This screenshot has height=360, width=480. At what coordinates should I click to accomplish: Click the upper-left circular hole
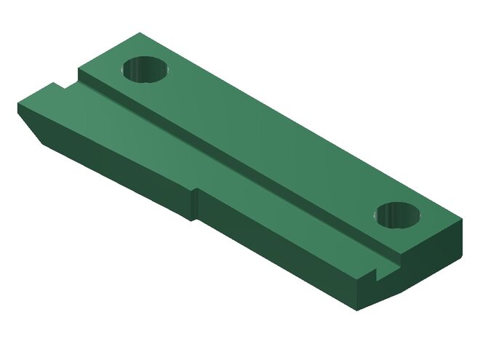(145, 71)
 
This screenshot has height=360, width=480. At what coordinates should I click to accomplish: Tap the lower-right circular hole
(399, 215)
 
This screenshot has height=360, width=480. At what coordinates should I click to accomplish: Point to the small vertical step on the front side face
(196, 204)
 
